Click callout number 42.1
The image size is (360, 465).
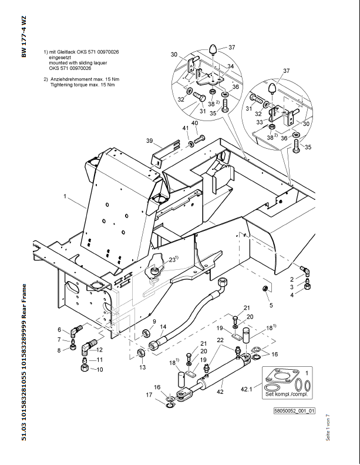pyautogui.click(x=247, y=389)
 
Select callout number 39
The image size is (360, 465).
pyautogui.click(x=150, y=141)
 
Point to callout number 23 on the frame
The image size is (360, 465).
pyautogui.click(x=172, y=259)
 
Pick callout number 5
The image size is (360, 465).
pyautogui.click(x=271, y=305)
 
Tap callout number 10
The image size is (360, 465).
pyautogui.click(x=100, y=370)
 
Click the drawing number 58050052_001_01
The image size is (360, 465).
pyautogui.click(x=294, y=412)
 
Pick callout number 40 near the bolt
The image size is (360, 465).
pyautogui.click(x=194, y=123)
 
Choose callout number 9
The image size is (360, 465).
pyautogui.click(x=154, y=322)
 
